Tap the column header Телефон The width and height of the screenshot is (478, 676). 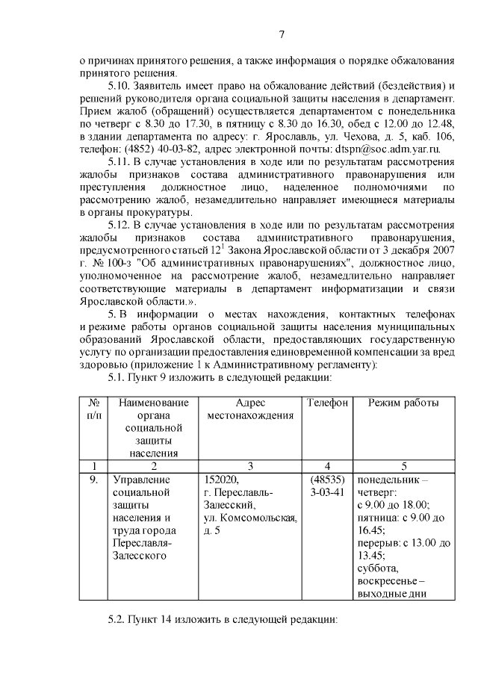pyautogui.click(x=327, y=404)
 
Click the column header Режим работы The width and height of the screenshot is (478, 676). pyautogui.click(x=403, y=404)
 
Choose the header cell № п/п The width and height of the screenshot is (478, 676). pyautogui.click(x=93, y=409)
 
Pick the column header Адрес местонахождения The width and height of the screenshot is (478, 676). pyautogui.click(x=249, y=409)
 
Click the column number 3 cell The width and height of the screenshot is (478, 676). pyautogui.click(x=249, y=466)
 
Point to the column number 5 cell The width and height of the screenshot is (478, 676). pyautogui.click(x=403, y=466)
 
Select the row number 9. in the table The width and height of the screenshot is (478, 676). pyautogui.click(x=93, y=480)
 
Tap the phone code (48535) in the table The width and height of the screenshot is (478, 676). pyautogui.click(x=327, y=480)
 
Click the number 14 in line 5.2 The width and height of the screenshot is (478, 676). pyautogui.click(x=169, y=620)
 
